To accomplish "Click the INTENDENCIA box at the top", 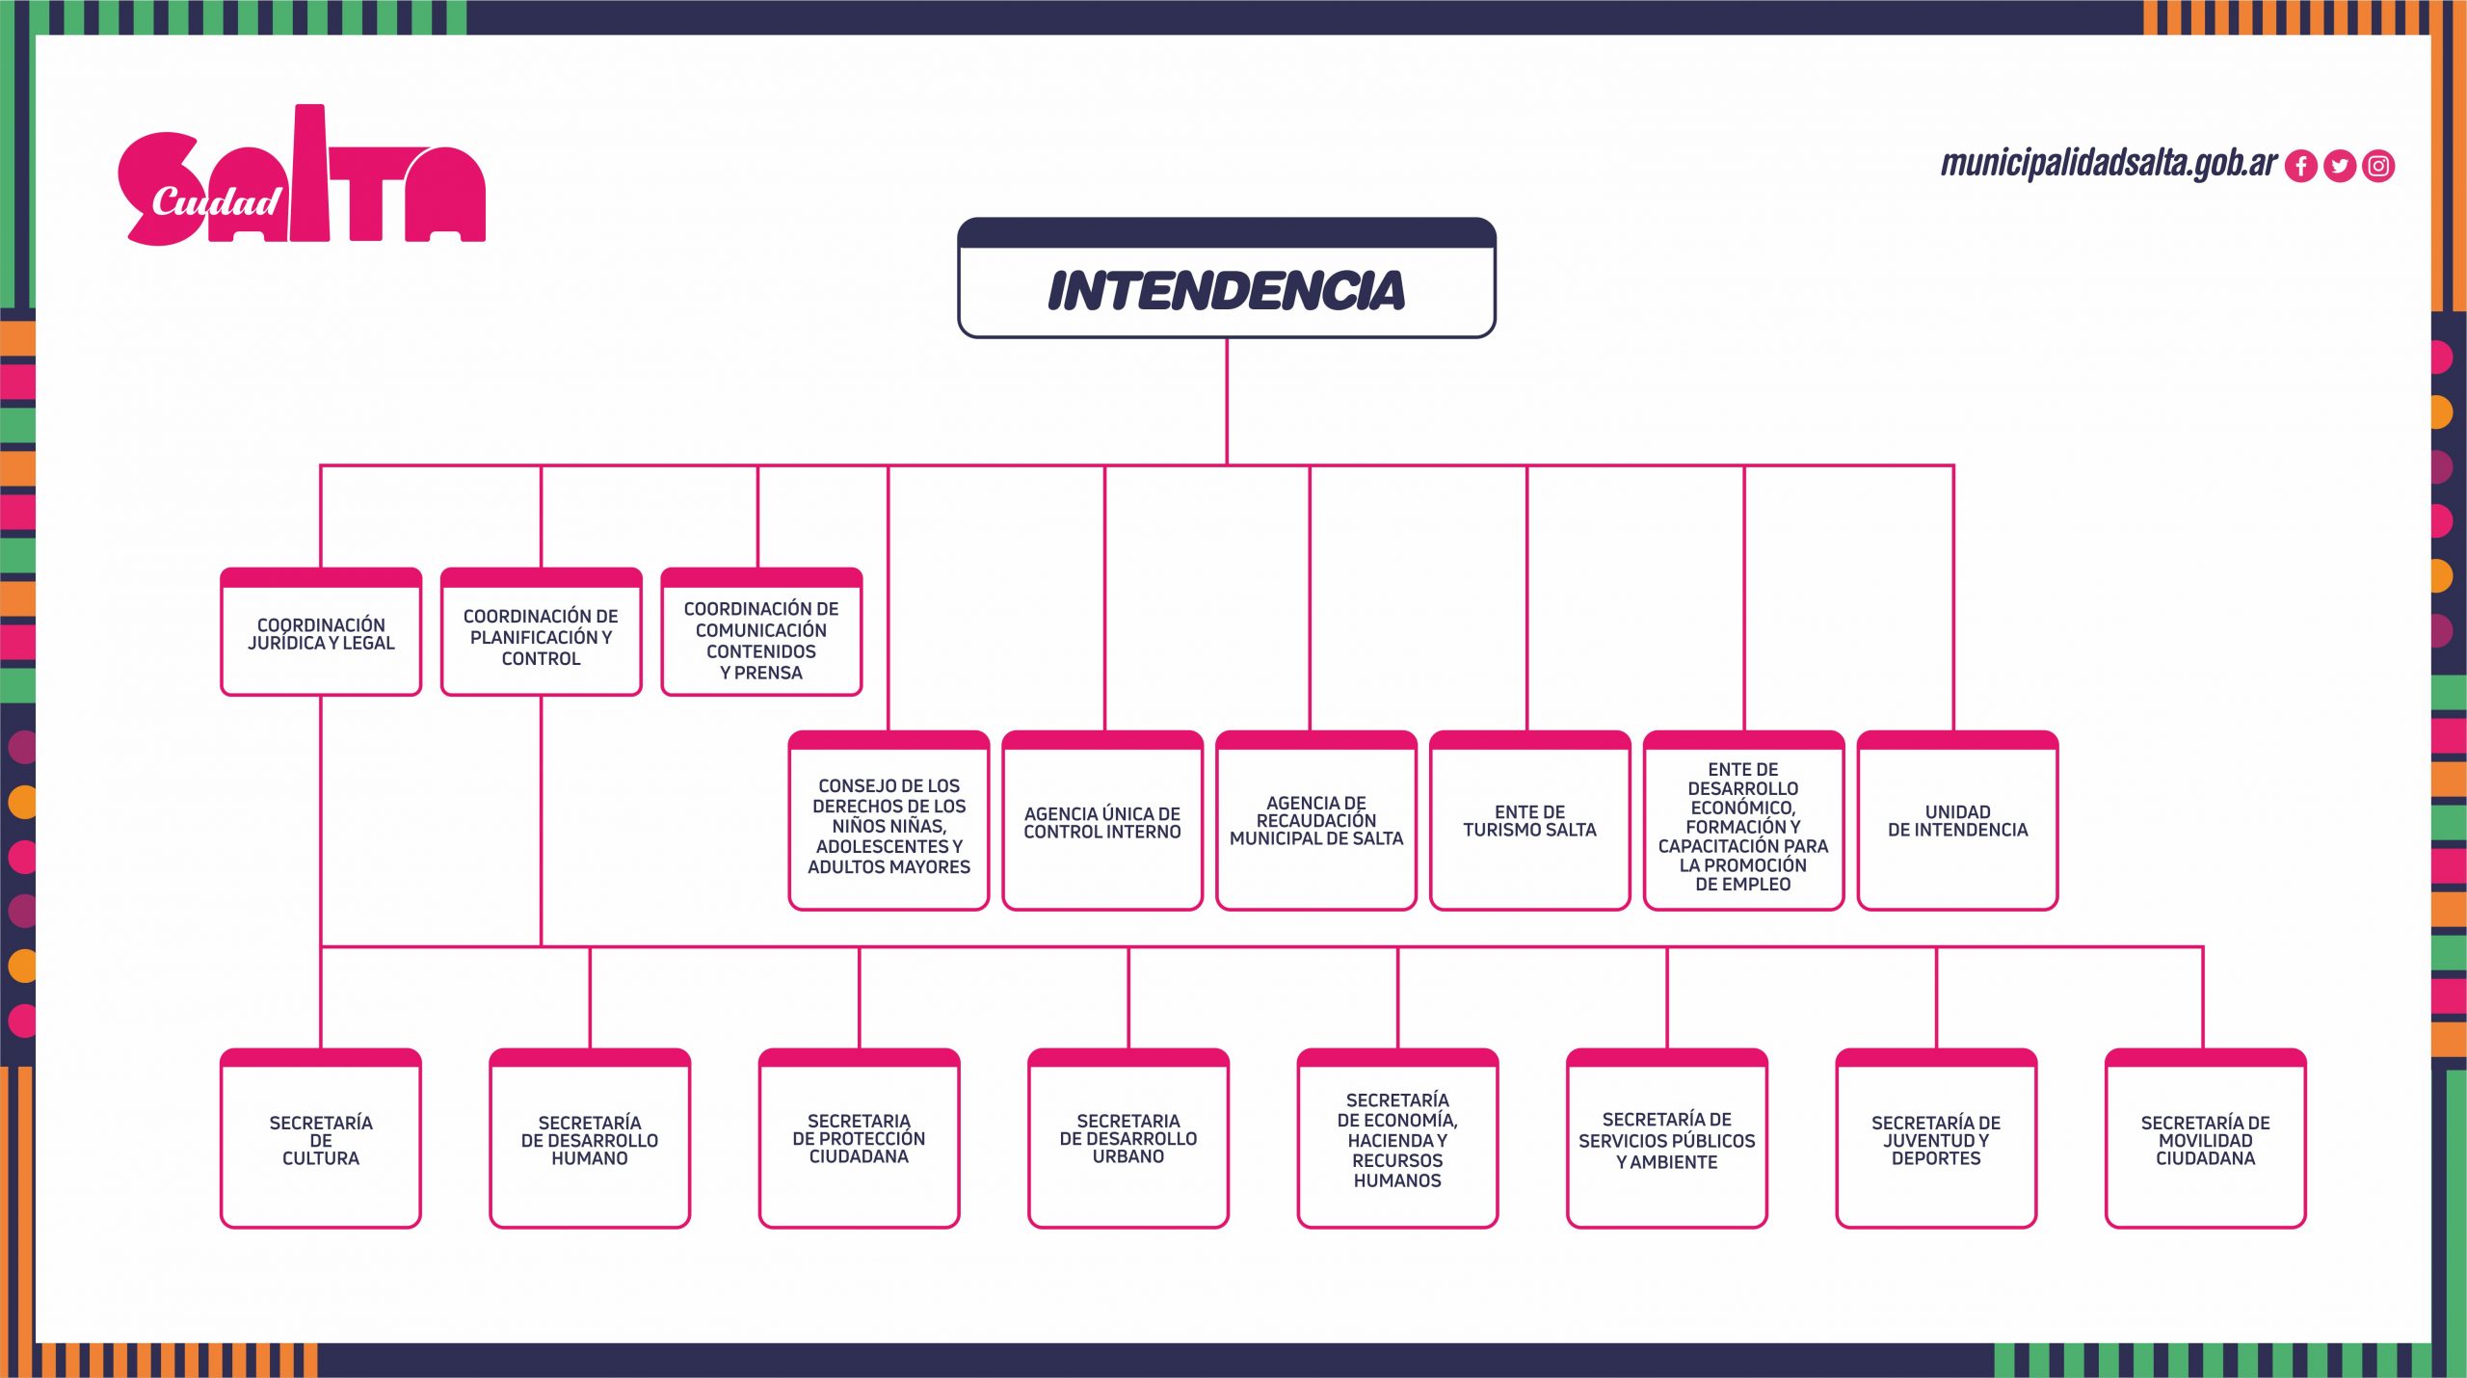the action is click(x=1226, y=278).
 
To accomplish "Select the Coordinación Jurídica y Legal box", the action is click(x=321, y=632).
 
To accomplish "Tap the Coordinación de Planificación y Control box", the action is click(x=541, y=632).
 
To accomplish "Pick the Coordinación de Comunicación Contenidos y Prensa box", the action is click(x=761, y=632).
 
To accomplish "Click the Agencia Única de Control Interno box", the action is click(x=1102, y=821).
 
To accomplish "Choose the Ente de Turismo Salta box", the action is click(x=1530, y=821).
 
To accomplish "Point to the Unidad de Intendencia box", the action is click(x=1957, y=821).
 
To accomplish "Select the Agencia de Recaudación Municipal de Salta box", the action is click(x=1316, y=821).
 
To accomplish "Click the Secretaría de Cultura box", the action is click(x=321, y=1139).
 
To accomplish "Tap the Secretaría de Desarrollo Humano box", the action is click(x=590, y=1139).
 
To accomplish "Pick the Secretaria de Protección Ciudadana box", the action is click(x=859, y=1139).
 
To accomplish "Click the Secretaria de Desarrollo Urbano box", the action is click(x=1128, y=1139).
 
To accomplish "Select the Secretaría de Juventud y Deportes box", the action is click(x=1936, y=1139).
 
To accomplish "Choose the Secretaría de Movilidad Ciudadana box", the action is click(x=2206, y=1139).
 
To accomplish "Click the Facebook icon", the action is click(x=2301, y=167).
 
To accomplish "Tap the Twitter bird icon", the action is click(x=2340, y=167).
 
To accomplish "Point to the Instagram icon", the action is click(x=2378, y=167).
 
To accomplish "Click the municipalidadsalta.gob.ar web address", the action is click(x=2109, y=164).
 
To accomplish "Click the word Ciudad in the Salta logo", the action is click(x=216, y=202).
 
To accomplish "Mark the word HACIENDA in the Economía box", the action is click(x=1384, y=1141).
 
